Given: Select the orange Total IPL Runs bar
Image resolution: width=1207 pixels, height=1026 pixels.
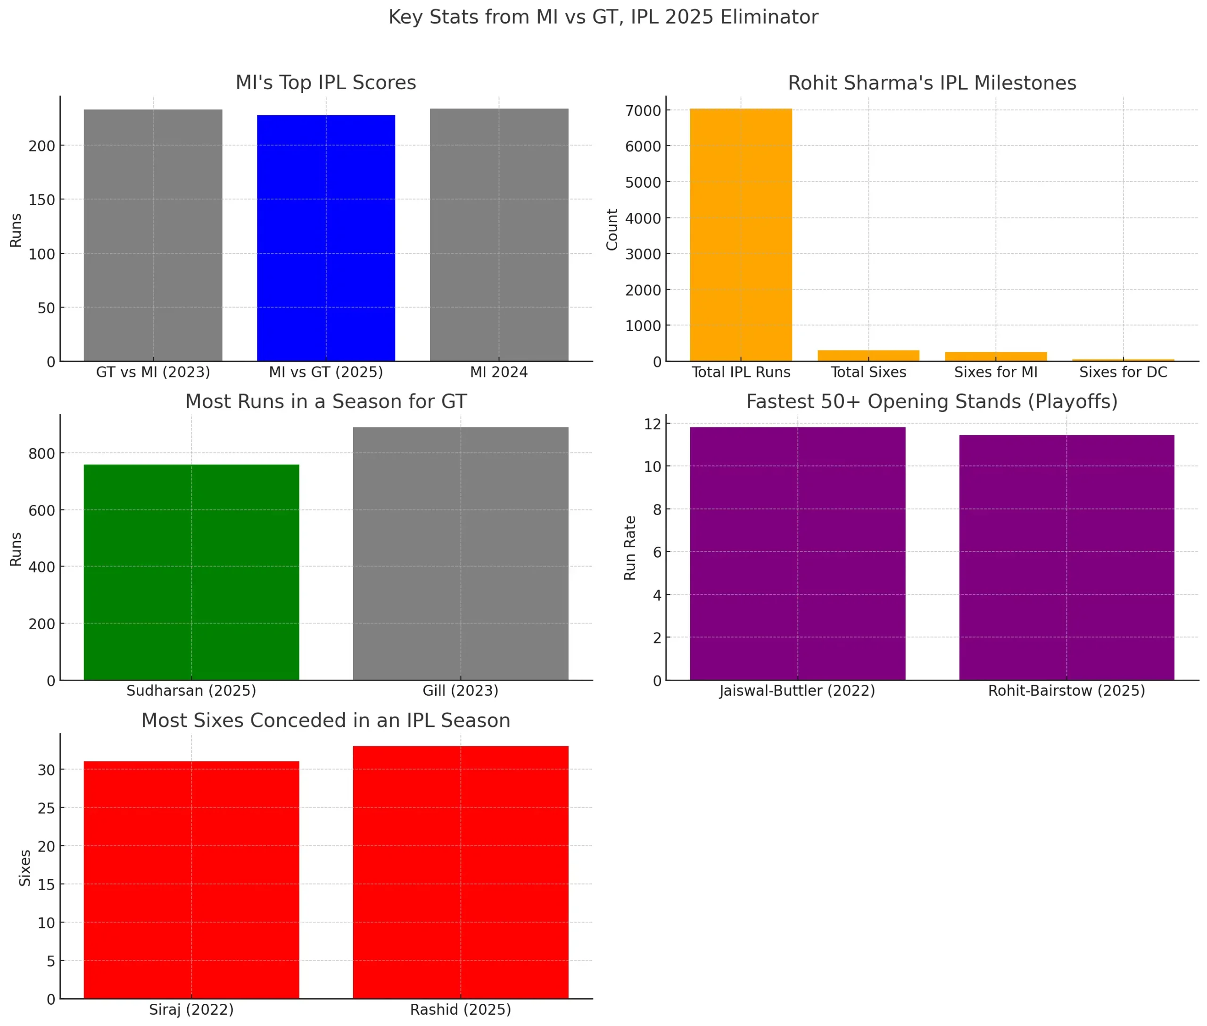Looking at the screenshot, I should coord(741,235).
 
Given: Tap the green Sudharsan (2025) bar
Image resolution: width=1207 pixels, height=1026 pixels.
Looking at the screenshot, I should coord(191,572).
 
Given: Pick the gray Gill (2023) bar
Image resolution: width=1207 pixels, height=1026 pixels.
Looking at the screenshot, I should coord(461,554).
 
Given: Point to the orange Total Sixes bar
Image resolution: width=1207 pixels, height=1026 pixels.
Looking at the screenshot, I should coord(868,355).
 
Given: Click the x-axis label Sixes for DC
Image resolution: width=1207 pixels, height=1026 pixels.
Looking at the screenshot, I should coord(1123,372).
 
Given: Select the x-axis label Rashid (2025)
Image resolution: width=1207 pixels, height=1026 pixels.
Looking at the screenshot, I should coord(461,1009).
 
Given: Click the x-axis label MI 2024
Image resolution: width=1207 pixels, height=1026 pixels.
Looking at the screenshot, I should coord(499,372).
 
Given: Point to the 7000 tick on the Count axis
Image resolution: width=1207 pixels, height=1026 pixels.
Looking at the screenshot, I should coord(643,110).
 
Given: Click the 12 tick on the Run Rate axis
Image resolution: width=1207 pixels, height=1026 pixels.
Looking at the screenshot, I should coord(653,424).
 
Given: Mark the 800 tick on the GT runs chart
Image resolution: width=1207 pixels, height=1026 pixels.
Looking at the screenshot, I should coord(42,454).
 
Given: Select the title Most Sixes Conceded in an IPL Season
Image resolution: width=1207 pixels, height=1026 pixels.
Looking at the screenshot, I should coord(326,721).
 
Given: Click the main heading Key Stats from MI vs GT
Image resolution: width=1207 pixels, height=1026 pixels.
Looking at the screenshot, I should coord(603,17).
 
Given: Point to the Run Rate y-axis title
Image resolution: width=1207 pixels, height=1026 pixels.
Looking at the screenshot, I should coord(629,548).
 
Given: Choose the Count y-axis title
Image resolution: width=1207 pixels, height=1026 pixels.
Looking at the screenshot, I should coord(612,230).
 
